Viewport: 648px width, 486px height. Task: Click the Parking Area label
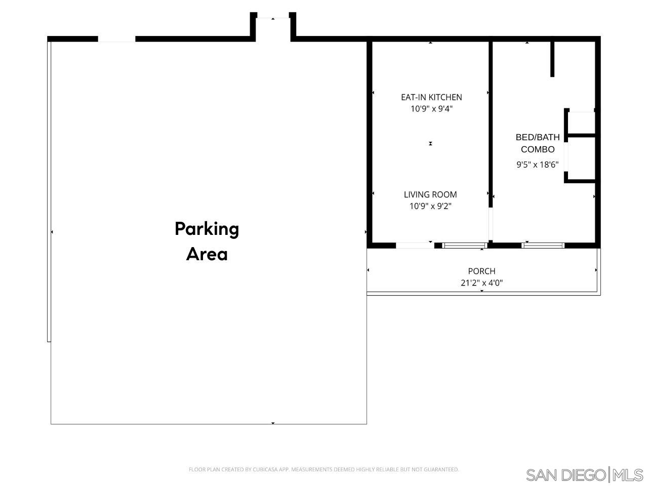207,241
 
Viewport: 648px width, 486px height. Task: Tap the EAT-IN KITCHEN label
431,97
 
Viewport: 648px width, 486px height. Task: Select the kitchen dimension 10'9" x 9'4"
431,109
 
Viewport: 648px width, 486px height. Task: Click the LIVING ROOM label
430,194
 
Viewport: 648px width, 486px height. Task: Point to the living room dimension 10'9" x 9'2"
430,206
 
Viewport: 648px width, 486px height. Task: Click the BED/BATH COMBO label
538,143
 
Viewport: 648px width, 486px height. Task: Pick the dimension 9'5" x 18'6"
537,165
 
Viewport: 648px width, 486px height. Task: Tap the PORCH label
481,271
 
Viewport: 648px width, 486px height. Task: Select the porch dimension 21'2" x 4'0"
481,283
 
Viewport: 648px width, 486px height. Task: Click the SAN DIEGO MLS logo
584,475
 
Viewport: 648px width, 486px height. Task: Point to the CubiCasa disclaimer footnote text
323,470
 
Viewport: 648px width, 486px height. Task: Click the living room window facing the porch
464,246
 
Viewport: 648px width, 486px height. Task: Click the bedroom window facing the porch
543,246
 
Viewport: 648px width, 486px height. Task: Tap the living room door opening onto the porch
415,246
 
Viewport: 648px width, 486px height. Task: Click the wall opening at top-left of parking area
116,39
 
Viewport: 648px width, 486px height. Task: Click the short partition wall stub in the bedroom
552,59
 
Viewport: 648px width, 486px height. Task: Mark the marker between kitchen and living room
430,144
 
